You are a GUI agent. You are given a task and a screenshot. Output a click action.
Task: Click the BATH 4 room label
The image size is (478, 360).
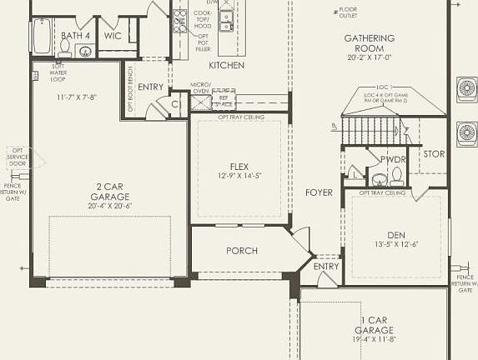77,36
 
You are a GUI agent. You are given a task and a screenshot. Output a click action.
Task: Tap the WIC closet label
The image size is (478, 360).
113,36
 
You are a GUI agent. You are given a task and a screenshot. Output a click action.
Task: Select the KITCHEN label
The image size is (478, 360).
225,65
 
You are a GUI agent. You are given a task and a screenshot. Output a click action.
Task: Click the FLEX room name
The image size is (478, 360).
239,167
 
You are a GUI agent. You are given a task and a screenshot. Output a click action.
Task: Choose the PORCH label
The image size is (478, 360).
242,251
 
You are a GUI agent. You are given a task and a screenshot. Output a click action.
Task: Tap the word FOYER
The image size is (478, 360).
319,192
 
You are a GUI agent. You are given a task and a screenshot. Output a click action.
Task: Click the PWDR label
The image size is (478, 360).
391,158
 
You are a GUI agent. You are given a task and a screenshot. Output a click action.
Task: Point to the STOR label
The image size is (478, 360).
434,153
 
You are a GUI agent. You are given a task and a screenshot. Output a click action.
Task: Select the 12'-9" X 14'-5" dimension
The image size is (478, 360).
239,177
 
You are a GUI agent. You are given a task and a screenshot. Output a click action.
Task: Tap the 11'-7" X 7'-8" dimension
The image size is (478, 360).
77,97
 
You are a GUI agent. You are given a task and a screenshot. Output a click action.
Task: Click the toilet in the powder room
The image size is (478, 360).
396,177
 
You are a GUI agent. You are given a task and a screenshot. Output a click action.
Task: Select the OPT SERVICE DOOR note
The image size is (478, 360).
16,157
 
